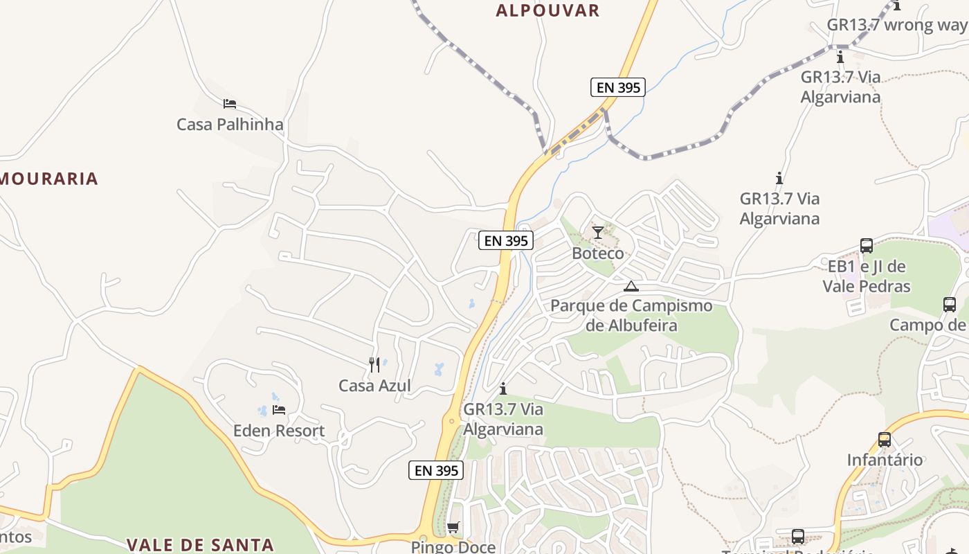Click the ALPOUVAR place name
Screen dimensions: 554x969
click(547, 10)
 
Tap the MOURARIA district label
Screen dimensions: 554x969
click(48, 179)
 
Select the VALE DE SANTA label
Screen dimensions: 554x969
click(200, 545)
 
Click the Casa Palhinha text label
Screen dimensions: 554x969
click(230, 125)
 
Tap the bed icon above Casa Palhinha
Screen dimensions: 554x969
click(230, 104)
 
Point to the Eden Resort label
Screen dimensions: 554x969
click(279, 431)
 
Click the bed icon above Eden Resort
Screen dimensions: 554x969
click(279, 410)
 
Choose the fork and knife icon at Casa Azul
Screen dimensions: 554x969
click(374, 364)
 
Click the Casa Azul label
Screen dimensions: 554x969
click(374, 386)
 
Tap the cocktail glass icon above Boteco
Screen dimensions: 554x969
click(598, 232)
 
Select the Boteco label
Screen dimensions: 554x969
click(598, 253)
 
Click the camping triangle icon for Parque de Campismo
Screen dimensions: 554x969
click(631, 286)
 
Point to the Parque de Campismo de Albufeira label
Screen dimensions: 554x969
click(631, 315)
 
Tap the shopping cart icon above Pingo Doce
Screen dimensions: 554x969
click(453, 528)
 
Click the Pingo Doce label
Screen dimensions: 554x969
click(453, 546)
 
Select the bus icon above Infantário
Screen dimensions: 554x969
click(885, 439)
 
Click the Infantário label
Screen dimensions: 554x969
click(885, 460)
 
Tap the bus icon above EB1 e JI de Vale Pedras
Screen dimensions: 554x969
click(867, 245)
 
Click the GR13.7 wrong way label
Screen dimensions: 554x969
click(897, 25)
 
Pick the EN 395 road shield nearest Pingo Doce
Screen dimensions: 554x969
click(436, 470)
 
